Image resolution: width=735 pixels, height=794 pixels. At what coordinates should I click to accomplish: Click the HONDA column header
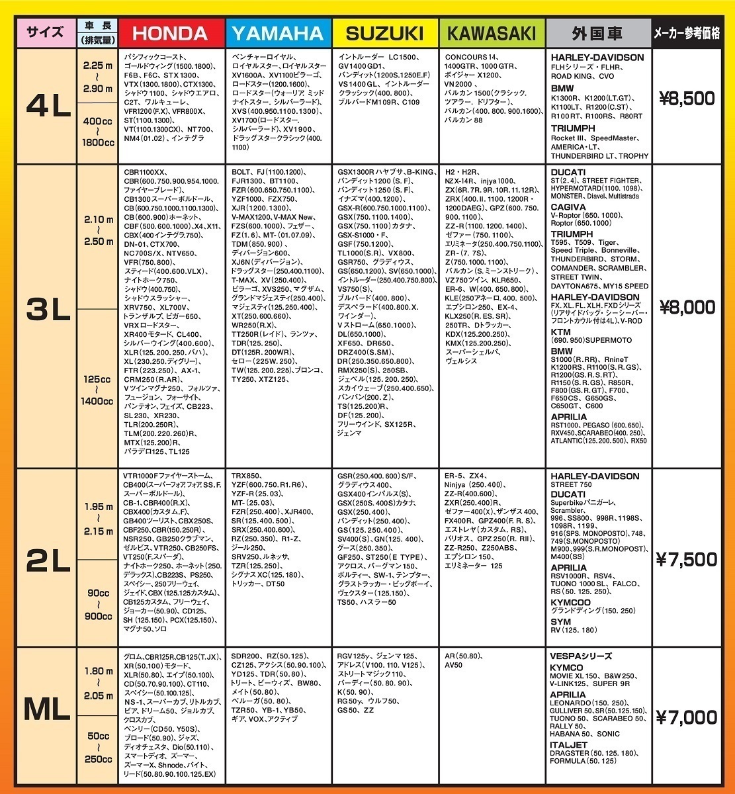(x=171, y=32)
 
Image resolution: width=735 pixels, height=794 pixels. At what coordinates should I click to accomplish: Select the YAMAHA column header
(x=278, y=32)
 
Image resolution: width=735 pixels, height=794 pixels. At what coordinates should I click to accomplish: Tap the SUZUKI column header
(x=384, y=32)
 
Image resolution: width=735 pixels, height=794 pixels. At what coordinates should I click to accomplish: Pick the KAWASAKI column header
(x=492, y=32)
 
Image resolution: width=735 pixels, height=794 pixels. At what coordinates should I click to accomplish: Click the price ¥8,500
(x=687, y=99)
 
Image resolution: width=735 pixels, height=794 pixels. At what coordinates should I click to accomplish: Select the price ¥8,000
(x=687, y=308)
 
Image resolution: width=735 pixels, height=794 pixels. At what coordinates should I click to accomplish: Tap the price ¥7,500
(x=687, y=560)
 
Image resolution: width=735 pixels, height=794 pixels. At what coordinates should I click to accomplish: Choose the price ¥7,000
(x=687, y=717)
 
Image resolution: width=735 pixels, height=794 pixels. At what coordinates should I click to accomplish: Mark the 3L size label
(x=48, y=308)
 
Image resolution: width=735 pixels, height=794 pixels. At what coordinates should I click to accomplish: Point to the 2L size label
(x=48, y=560)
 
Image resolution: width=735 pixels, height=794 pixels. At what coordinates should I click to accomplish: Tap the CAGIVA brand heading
(x=568, y=206)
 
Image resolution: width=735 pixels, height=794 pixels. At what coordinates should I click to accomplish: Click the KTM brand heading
(x=560, y=331)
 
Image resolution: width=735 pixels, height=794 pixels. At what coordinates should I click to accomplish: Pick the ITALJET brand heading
(x=569, y=744)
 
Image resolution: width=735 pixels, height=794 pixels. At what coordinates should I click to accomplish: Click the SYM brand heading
(x=560, y=621)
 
